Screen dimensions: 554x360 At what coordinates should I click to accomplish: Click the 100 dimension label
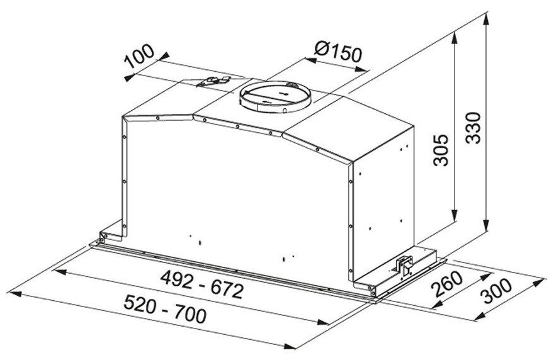click(x=140, y=56)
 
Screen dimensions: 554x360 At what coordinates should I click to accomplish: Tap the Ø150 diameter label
click(x=337, y=52)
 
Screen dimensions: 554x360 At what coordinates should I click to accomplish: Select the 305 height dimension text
click(x=441, y=150)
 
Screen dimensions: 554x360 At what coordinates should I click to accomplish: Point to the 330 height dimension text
click(x=473, y=127)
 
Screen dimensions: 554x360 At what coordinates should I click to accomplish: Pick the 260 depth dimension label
click(x=448, y=284)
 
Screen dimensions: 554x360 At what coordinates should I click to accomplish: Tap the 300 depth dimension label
click(x=497, y=291)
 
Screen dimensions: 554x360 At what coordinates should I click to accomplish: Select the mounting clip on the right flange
click(x=404, y=266)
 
